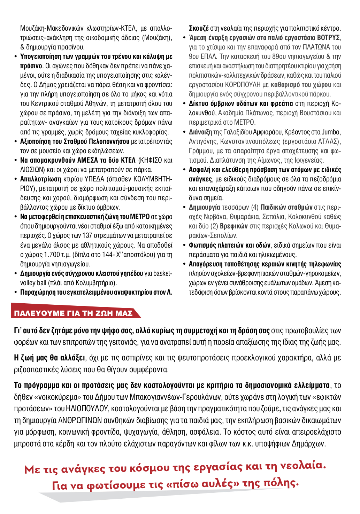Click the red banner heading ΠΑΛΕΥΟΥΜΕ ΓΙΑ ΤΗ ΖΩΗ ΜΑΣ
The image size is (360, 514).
coord(73,313)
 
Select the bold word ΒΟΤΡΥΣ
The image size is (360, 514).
coord(328,38)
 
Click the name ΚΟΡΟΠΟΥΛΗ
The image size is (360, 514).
coord(243,85)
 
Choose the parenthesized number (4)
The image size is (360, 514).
coord(255,207)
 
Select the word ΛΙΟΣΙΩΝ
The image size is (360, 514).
coord(33,170)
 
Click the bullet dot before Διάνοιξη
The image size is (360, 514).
coord(185,132)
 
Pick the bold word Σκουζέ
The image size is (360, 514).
coord(199,28)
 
